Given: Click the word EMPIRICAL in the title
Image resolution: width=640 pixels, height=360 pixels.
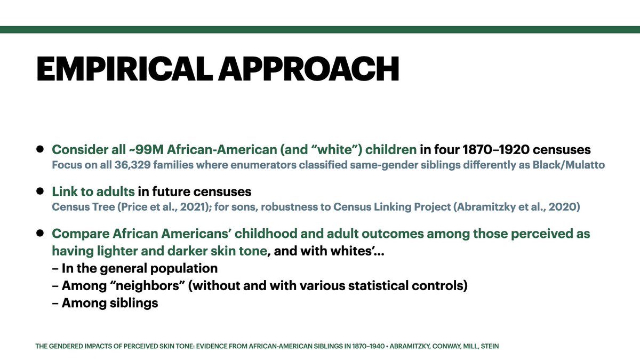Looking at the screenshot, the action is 125,69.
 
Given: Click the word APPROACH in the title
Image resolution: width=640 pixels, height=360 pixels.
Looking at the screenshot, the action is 309,69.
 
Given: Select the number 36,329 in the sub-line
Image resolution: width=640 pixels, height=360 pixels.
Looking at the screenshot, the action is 133,165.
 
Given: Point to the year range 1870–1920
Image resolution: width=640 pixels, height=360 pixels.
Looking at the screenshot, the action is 496,150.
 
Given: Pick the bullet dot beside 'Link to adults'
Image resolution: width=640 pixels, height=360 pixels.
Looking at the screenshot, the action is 40,191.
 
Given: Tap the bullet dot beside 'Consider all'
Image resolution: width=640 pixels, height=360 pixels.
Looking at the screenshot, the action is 40,149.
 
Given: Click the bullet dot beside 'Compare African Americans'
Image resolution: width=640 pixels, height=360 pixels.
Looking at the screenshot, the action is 40,233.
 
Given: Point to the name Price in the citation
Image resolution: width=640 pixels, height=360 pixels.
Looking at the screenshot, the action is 134,207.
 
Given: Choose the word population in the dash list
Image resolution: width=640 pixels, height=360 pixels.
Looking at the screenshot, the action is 183,269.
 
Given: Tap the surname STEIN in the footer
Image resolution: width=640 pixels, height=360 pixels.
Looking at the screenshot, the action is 490,346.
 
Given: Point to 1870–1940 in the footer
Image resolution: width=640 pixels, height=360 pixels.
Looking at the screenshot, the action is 369,346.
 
